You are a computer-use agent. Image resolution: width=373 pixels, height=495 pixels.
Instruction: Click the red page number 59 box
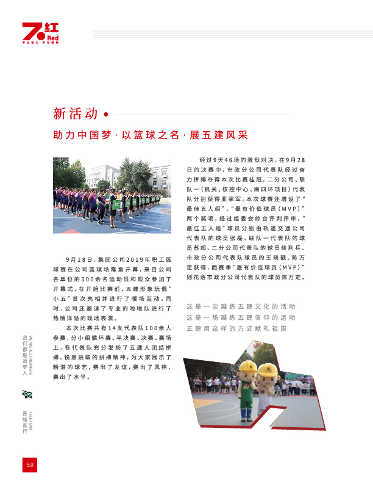tap(29, 464)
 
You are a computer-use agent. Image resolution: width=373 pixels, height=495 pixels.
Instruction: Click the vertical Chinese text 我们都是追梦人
tap(25, 355)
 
